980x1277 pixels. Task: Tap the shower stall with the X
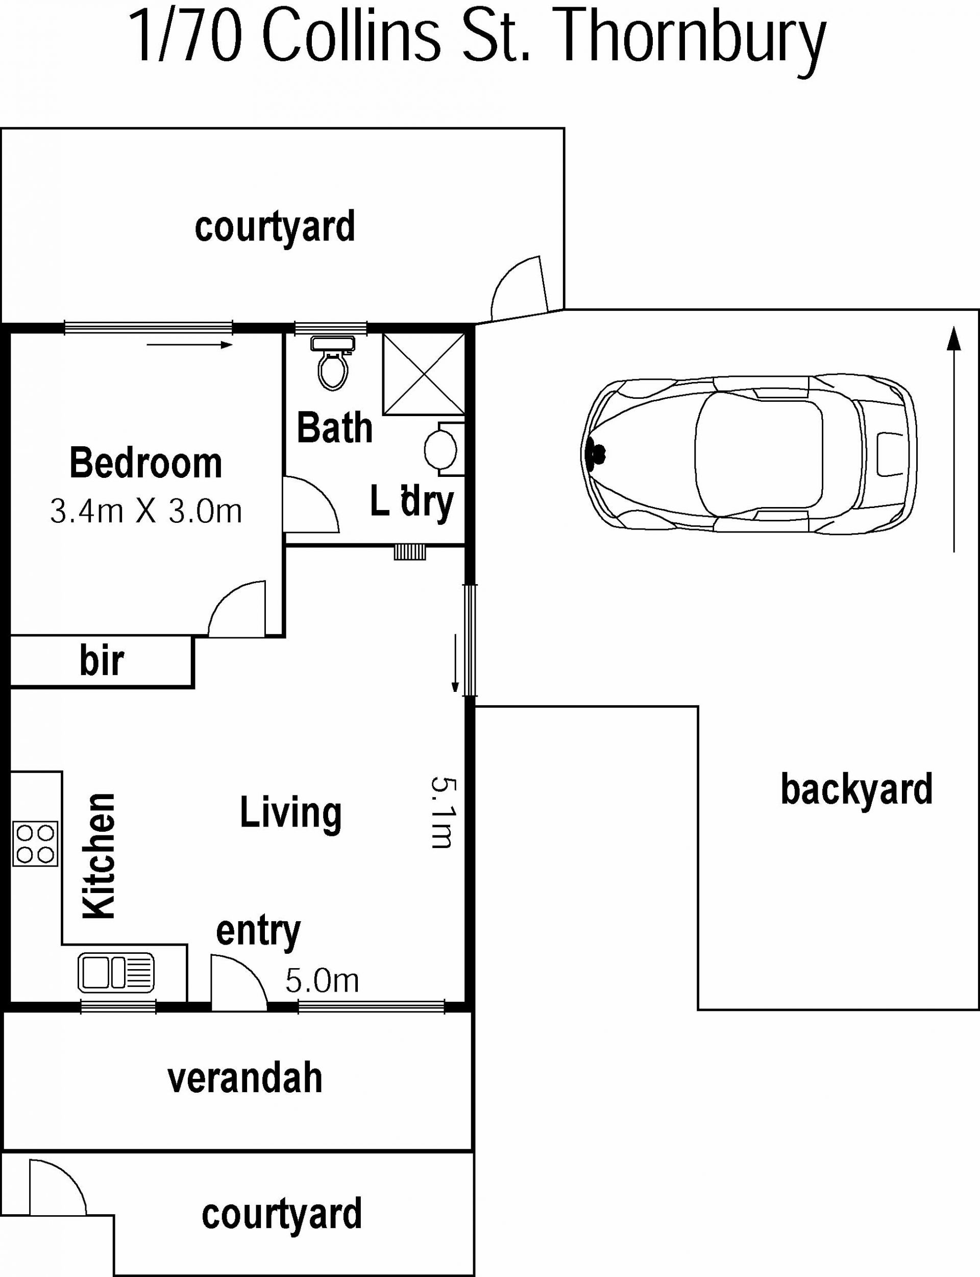click(x=424, y=373)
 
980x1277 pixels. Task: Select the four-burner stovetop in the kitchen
click(x=36, y=844)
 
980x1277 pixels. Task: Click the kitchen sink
click(x=116, y=973)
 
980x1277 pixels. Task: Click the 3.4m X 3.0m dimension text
click(x=146, y=512)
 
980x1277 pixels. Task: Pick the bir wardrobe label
click(x=102, y=660)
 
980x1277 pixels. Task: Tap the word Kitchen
click(x=99, y=856)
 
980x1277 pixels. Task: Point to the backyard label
click(x=857, y=789)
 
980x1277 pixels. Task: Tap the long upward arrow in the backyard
click(x=954, y=439)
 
